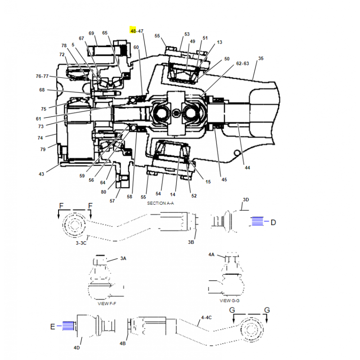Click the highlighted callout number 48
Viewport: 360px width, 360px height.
[133, 31]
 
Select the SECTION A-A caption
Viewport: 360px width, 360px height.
[160, 203]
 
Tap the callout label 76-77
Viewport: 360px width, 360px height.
[42, 76]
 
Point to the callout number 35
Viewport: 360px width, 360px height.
[261, 58]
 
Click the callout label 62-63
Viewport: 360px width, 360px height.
[243, 63]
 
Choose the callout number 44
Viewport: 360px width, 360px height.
[247, 167]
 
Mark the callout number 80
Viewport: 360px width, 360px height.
[103, 192]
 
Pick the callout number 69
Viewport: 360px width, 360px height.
[91, 33]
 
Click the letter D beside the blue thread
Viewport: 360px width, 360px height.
[273, 222]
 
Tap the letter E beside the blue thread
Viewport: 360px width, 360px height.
[53, 327]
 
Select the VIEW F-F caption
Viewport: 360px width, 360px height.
[107, 303]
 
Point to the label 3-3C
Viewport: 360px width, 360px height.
[81, 243]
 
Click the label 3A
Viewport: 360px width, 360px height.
[123, 258]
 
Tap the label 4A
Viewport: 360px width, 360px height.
[211, 255]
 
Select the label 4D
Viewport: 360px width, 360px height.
[76, 347]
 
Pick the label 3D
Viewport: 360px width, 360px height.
[246, 199]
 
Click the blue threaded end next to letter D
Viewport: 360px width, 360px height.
[257, 221]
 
